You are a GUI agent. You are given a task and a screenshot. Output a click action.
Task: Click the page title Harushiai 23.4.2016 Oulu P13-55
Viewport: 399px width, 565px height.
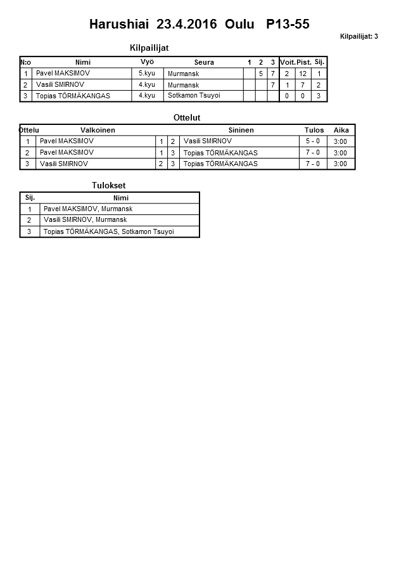tap(199, 25)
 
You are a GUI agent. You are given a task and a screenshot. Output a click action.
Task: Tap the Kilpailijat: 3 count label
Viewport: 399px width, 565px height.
tap(358, 37)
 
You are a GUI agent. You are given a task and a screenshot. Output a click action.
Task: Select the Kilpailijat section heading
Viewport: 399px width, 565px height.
tap(148, 48)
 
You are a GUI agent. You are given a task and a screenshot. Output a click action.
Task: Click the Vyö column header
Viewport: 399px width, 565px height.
tap(147, 62)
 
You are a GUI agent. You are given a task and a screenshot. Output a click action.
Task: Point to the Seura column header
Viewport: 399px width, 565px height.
tap(204, 62)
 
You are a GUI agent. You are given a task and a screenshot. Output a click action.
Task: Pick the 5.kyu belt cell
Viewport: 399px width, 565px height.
tap(147, 74)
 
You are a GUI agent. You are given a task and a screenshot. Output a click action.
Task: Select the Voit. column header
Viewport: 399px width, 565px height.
tap(288, 62)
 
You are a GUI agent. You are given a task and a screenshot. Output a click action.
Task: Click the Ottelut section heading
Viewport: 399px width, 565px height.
tap(187, 118)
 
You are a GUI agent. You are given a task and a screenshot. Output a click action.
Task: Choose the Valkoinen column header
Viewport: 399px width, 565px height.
tap(98, 130)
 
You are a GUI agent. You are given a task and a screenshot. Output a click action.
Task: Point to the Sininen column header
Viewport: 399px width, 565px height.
tap(241, 130)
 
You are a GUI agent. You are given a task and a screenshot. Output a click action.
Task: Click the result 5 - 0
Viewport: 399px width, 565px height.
tap(313, 141)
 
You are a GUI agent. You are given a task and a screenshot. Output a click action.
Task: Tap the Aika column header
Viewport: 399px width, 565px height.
tap(341, 130)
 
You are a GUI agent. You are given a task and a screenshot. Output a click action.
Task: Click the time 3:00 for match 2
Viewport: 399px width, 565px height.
tap(339, 153)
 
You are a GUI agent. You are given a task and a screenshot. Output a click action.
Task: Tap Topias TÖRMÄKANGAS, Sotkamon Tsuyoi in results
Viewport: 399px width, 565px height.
tap(108, 232)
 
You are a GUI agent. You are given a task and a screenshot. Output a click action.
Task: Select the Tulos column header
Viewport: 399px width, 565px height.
tap(313, 130)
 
